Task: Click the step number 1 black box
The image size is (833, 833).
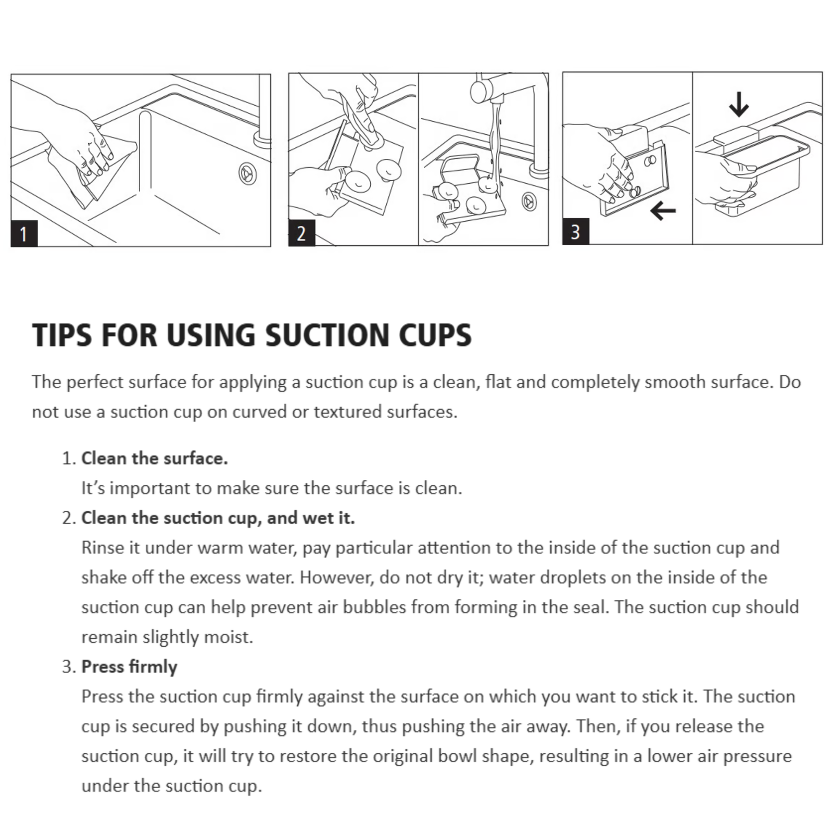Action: (x=24, y=234)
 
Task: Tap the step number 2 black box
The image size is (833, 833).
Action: (x=302, y=233)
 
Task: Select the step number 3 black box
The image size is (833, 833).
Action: (x=576, y=232)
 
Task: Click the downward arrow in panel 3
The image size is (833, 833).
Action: (x=739, y=104)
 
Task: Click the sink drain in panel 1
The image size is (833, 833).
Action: (x=248, y=173)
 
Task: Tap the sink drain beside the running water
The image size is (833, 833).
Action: (x=529, y=201)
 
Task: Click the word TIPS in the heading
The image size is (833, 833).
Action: (x=63, y=335)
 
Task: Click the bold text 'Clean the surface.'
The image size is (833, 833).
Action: (x=155, y=458)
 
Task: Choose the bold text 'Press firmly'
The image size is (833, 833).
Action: (x=129, y=667)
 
